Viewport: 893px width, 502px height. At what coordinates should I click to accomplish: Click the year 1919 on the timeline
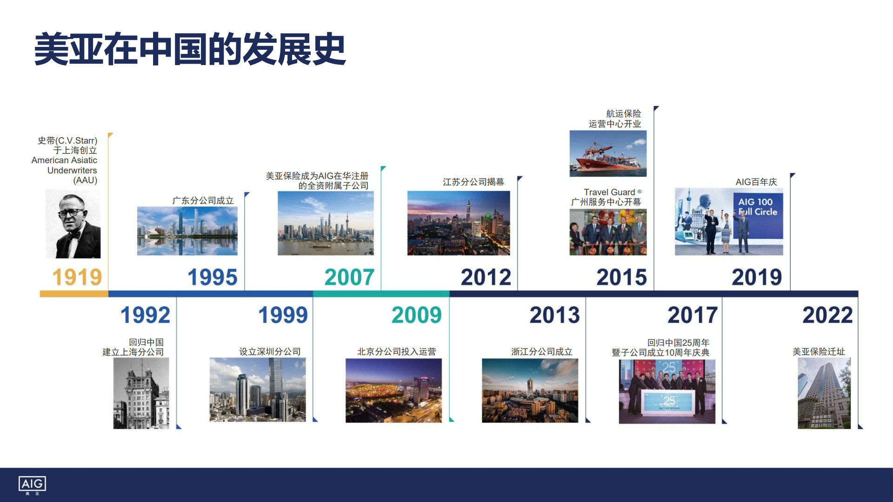(77, 277)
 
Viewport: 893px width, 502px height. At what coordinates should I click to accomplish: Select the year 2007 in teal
(349, 277)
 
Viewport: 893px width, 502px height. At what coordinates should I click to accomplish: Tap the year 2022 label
(827, 315)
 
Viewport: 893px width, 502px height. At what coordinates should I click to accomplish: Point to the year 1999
(283, 315)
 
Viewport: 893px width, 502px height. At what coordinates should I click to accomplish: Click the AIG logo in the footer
(32, 485)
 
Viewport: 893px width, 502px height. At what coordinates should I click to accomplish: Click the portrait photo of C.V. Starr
(73, 224)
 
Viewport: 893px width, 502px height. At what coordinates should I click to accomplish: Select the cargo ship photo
(608, 153)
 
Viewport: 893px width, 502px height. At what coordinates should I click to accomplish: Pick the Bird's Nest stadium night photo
(393, 390)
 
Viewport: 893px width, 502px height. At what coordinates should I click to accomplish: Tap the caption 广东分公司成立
(203, 200)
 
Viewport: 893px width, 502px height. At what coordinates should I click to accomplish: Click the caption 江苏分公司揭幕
(473, 182)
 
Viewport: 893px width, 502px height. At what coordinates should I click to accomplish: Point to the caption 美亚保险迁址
(819, 351)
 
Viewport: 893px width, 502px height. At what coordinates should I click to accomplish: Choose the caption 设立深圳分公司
(270, 351)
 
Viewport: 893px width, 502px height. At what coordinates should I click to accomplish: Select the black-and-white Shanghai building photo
(141, 393)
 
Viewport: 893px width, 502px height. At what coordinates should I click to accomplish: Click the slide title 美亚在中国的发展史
(190, 49)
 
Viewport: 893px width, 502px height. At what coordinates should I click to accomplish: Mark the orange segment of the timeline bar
(74, 294)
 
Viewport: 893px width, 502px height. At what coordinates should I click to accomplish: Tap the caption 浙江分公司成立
(542, 351)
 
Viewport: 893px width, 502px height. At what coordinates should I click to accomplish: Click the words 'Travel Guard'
(609, 192)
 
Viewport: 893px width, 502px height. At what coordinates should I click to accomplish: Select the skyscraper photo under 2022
(824, 393)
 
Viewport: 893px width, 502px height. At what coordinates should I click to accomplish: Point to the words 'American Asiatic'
(64, 160)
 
